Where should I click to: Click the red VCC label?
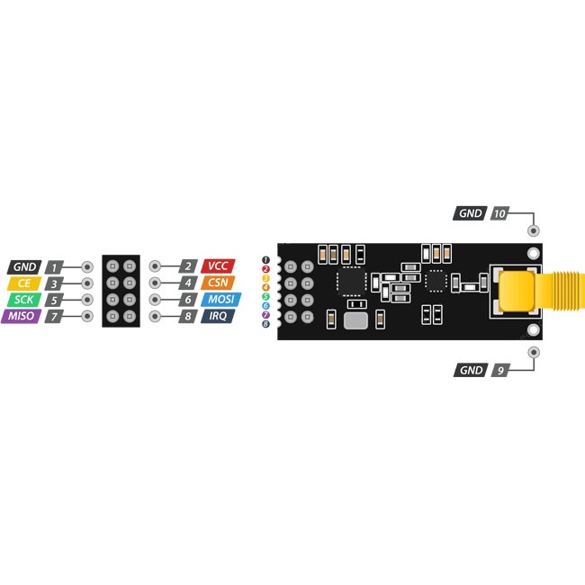(x=218, y=266)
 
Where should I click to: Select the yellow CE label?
(x=24, y=283)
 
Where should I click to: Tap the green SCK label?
(x=24, y=300)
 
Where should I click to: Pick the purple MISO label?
(x=22, y=317)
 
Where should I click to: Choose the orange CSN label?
(x=218, y=283)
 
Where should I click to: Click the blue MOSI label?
(x=220, y=299)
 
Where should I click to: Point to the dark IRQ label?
(x=218, y=316)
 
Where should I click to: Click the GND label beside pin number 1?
(x=24, y=267)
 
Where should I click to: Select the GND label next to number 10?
(x=470, y=213)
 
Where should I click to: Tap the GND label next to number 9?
(x=471, y=370)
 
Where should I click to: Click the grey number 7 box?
(x=54, y=317)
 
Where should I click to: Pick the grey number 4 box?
(x=188, y=283)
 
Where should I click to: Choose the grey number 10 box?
(x=499, y=213)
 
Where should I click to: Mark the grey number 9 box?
(x=500, y=370)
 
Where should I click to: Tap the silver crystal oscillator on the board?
(x=355, y=321)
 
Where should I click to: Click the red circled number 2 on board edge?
(x=265, y=269)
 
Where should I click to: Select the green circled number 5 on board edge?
(x=265, y=297)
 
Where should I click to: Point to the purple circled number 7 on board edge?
(x=265, y=315)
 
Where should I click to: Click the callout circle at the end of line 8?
(x=155, y=317)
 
